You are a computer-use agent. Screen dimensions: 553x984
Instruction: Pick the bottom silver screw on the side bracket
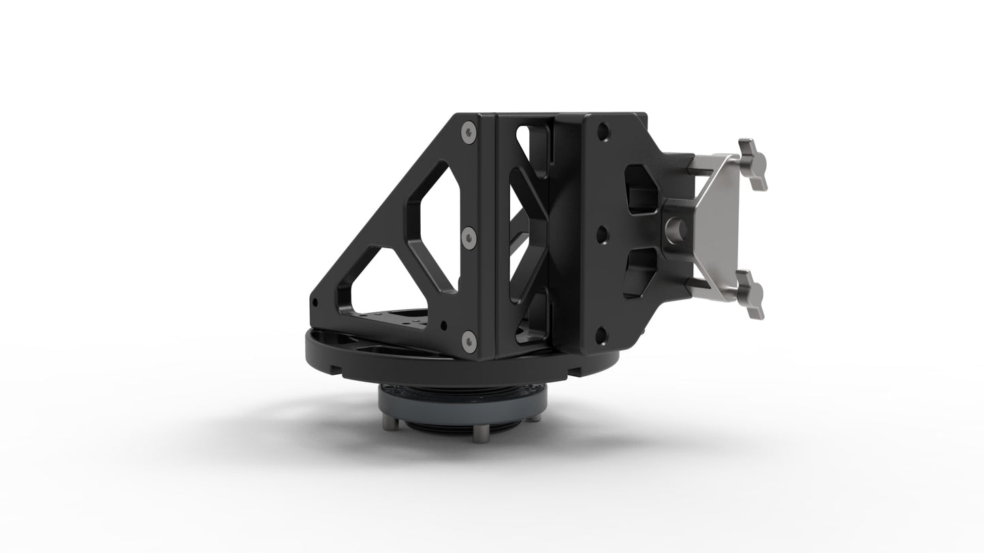click(467, 340)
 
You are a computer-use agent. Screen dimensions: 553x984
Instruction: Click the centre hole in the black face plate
click(602, 235)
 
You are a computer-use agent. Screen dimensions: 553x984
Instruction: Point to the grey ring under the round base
click(463, 407)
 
